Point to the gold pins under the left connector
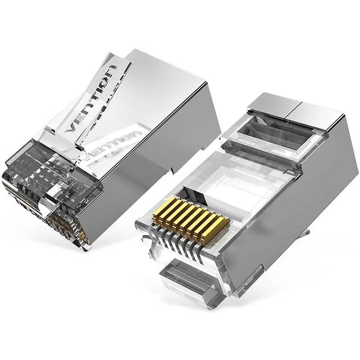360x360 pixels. point(58,225)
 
